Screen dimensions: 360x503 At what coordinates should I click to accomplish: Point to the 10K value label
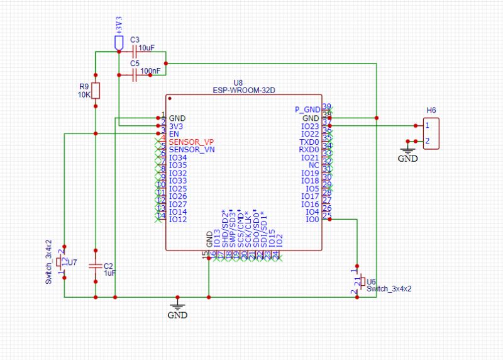click(x=84, y=95)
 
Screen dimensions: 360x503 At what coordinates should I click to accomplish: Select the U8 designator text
click(x=237, y=82)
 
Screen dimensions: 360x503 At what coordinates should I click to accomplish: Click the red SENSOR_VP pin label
click(x=191, y=142)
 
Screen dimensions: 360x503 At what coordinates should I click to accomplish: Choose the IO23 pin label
click(x=311, y=126)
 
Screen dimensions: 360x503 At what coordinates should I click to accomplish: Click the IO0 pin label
click(x=312, y=220)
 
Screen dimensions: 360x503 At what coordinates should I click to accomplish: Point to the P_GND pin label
click(x=307, y=110)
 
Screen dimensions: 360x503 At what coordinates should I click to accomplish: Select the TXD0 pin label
click(x=309, y=142)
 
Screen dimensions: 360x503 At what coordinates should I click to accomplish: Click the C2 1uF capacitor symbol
click(x=95, y=266)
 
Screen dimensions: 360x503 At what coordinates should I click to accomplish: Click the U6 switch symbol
click(x=362, y=281)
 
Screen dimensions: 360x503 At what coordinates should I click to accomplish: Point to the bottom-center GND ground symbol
click(x=179, y=305)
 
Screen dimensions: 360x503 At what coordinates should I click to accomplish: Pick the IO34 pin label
click(x=178, y=157)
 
